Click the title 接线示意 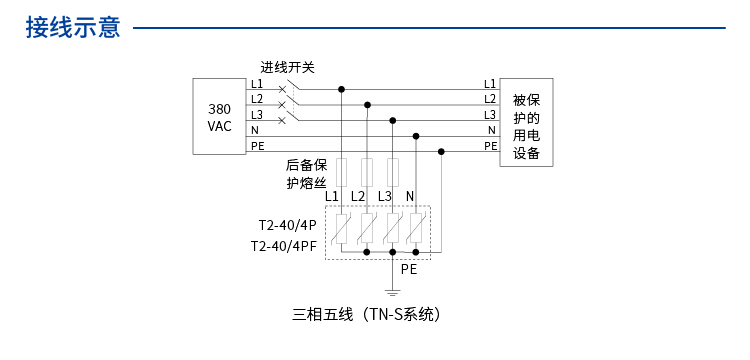coord(73,28)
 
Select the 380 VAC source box coord(219,117)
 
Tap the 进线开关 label coord(288,68)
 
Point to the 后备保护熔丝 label coord(306,174)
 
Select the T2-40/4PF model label coord(285,246)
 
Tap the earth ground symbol coord(393,292)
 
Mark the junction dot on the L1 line coord(342,89)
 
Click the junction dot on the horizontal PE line coord(441,151)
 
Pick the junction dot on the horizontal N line coord(416,135)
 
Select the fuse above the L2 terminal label coord(367,170)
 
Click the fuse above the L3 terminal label coord(393,170)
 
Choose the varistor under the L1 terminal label coord(342,231)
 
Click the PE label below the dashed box coord(409,269)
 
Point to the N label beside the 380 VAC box coord(255,130)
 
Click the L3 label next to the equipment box coord(489,115)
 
